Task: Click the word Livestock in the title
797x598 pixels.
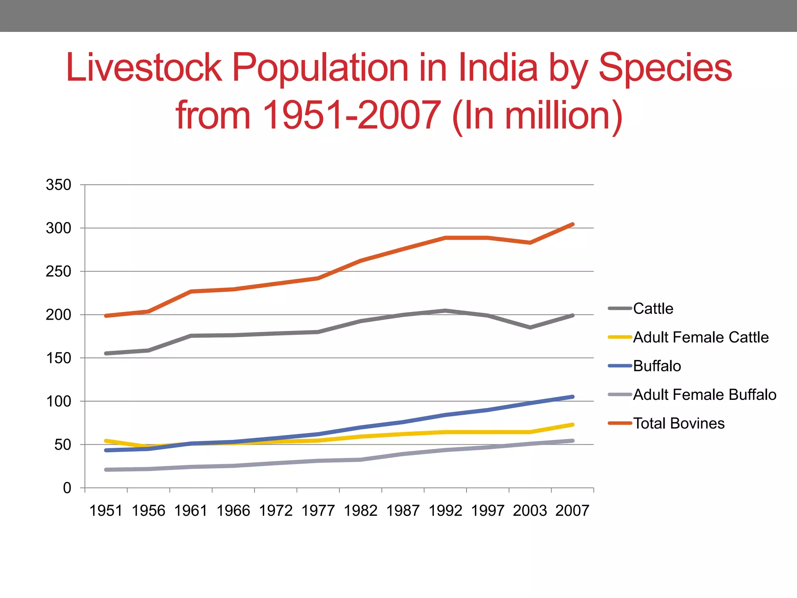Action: (144, 68)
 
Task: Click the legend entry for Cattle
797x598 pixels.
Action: (653, 308)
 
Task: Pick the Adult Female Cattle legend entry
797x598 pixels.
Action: (700, 337)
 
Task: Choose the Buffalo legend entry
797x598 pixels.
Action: (657, 366)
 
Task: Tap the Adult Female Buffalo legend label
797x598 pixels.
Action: (704, 395)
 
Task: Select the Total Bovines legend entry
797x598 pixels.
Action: (678, 424)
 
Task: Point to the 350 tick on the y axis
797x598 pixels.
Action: (58, 185)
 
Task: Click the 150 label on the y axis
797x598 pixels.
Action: (58, 358)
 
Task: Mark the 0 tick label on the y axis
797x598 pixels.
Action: (67, 488)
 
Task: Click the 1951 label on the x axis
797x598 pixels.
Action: (106, 511)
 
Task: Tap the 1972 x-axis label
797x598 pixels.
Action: (276, 511)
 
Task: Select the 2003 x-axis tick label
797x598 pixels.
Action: (530, 511)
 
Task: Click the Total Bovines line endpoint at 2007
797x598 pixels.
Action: (572, 224)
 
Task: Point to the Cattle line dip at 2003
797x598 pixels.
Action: (530, 327)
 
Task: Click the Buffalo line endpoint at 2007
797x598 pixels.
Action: (572, 397)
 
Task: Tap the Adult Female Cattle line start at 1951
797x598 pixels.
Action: (106, 441)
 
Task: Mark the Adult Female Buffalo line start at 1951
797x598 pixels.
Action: (106, 470)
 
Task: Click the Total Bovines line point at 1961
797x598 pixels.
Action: (191, 291)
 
